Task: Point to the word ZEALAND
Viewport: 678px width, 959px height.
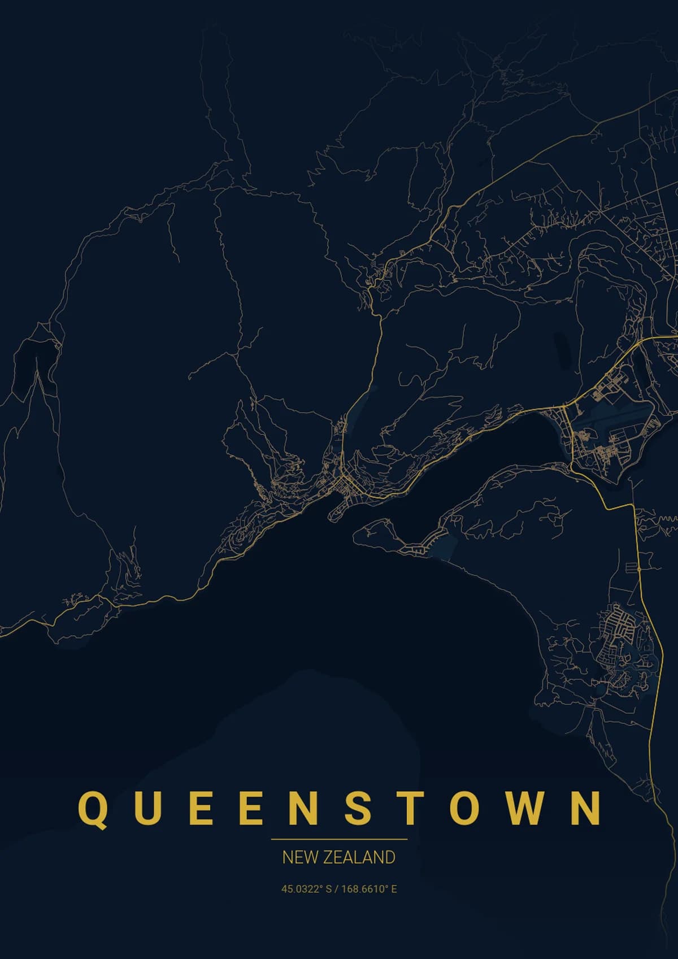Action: click(x=359, y=857)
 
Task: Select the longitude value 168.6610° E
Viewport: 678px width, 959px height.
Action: click(x=369, y=889)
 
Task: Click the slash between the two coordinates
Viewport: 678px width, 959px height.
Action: click(x=336, y=889)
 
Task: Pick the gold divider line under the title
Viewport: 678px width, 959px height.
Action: click(x=339, y=840)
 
